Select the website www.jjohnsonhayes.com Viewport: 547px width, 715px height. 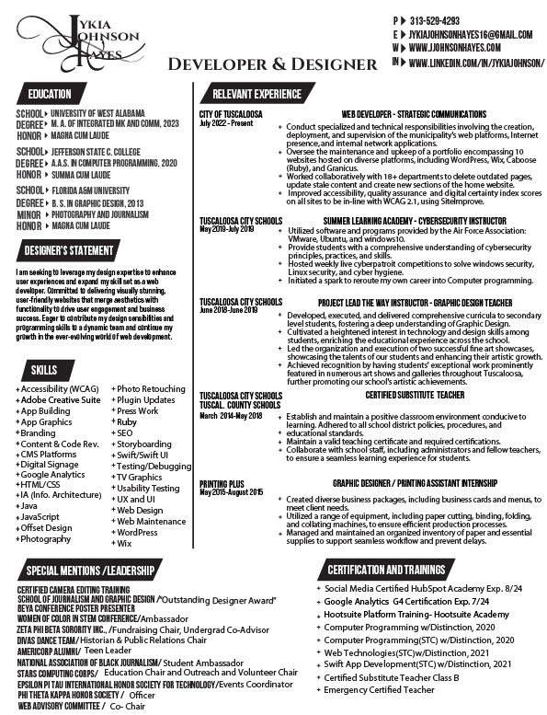pos(455,47)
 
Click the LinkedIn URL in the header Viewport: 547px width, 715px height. pos(475,62)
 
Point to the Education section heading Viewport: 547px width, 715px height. pos(50,94)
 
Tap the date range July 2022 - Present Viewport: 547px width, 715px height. pos(226,122)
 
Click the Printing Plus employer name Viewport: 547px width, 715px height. pos(222,483)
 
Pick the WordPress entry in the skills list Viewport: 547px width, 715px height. pos(138,532)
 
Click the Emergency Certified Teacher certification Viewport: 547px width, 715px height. pos(379,689)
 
